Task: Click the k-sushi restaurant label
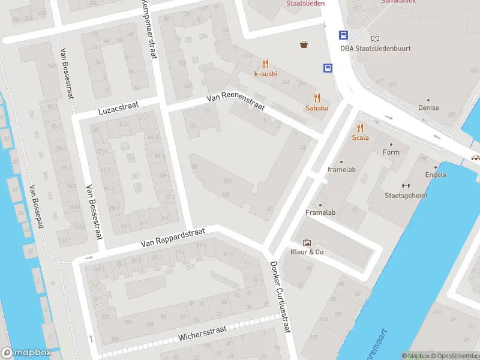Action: tap(266, 74)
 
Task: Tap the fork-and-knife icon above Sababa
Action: tap(317, 98)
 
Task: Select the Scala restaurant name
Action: tap(360, 137)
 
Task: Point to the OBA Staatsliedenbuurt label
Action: tap(376, 49)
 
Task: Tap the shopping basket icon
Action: tap(305, 44)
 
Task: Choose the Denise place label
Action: tap(428, 108)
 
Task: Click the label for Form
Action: tap(391, 152)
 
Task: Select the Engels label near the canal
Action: tap(435, 175)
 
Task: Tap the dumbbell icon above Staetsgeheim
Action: tap(406, 185)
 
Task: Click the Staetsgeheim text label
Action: tap(406, 196)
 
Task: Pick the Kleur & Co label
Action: tap(307, 252)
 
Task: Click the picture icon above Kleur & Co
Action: tap(307, 242)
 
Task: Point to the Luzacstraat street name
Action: tap(118, 109)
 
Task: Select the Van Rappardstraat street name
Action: tap(173, 238)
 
